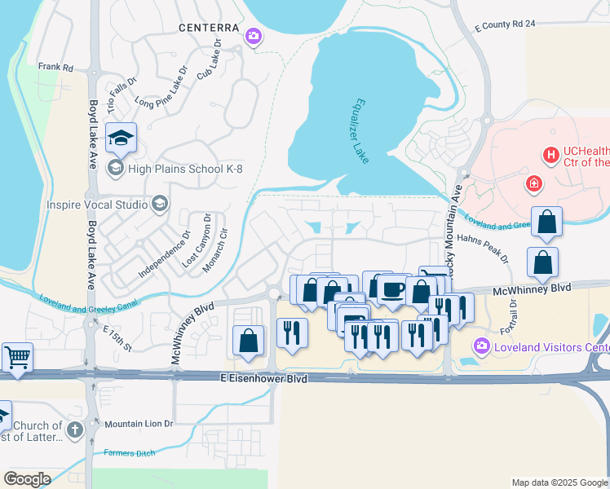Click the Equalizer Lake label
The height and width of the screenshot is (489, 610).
pos(360,131)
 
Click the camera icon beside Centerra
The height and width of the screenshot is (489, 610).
pos(254,36)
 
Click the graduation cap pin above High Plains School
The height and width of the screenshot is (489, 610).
pos(121,139)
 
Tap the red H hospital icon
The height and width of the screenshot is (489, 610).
pos(550,153)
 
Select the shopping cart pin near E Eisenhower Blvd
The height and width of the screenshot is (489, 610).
pos(17,357)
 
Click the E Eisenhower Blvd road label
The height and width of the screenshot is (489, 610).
pos(263,379)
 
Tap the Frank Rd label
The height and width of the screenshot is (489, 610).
pos(55,67)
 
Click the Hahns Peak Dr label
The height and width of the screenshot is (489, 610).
pos(483,248)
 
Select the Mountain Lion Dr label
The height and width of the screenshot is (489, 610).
pos(139,425)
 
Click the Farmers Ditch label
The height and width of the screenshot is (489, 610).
pos(129,452)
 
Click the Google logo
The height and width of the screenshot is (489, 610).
pos(28,478)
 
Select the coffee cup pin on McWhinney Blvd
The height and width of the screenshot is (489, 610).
pos(392,289)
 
